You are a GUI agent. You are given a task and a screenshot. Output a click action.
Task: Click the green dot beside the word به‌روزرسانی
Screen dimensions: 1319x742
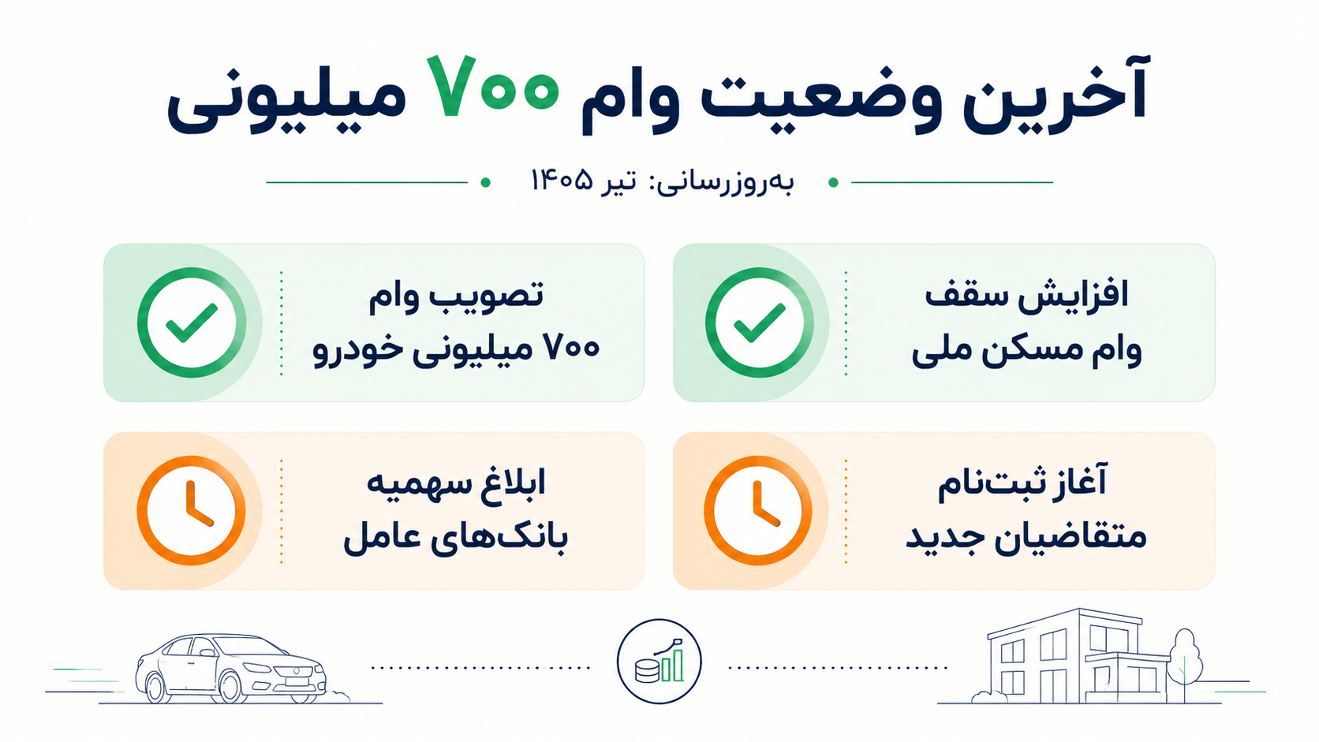point(832,182)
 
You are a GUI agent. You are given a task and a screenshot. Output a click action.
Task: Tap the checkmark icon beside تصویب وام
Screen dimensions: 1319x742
point(192,323)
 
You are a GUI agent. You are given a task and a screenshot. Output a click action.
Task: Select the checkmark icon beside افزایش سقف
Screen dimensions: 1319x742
point(760,323)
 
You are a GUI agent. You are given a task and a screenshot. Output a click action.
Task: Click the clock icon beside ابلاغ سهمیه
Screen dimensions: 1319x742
point(192,511)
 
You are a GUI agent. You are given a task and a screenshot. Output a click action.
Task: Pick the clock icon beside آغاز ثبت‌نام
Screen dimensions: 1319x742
point(758,511)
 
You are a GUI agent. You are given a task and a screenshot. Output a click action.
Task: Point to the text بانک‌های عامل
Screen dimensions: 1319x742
point(455,538)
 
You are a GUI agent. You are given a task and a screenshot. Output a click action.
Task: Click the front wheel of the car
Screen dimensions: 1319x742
point(231,686)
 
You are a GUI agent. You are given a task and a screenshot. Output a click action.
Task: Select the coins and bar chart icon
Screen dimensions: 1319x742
point(659,662)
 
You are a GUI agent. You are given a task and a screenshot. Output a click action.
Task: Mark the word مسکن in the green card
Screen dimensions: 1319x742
point(1053,351)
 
